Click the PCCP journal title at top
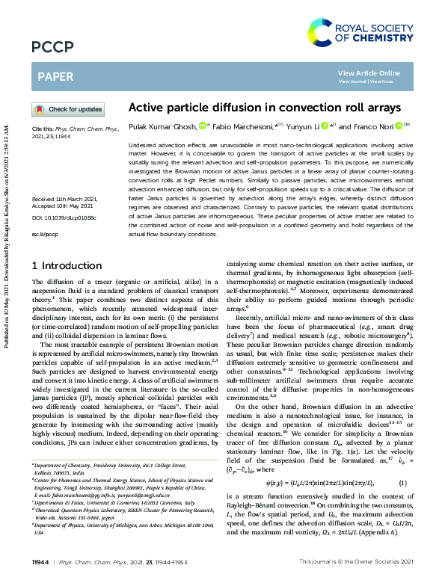tap(52, 48)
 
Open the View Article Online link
tap(369, 73)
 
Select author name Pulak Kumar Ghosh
tap(163, 127)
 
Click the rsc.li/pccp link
tap(43, 234)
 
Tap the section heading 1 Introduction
tap(67, 266)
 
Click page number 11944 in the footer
tap(41, 561)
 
